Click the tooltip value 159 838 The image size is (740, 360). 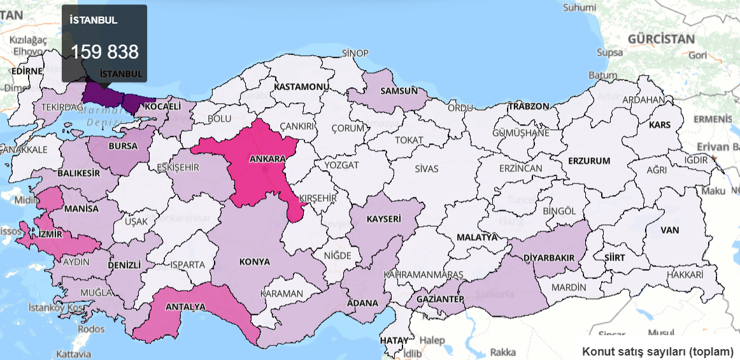coord(104,52)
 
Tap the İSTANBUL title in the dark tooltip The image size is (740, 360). coord(93,20)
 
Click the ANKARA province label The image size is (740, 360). coord(266,158)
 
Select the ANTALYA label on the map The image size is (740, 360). coord(185,306)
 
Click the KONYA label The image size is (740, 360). coord(255,262)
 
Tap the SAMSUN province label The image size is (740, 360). coord(399,90)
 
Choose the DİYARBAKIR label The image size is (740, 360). coord(549,257)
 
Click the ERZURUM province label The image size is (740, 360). coord(589,161)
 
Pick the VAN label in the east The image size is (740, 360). coord(670,229)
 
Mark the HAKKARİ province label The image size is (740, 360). coord(685,275)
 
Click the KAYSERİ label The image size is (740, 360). coord(384,219)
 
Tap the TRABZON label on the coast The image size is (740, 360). coord(528,106)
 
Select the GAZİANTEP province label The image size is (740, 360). coord(439,299)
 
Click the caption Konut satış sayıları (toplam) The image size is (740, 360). coord(657,350)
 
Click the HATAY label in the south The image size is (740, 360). coord(394,340)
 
